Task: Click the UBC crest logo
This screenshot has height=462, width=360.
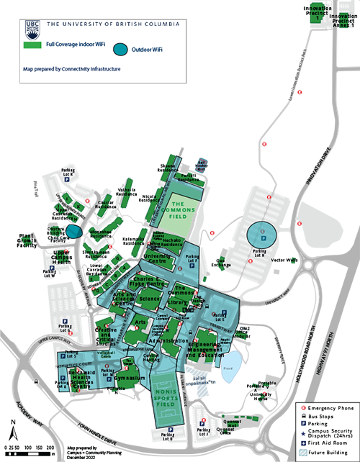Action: click(x=32, y=27)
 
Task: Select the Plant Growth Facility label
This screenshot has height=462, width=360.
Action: click(x=27, y=240)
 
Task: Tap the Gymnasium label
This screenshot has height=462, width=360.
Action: click(x=132, y=378)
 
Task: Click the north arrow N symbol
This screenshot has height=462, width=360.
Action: click(x=13, y=422)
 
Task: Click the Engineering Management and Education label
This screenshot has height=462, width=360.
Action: click(x=210, y=350)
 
